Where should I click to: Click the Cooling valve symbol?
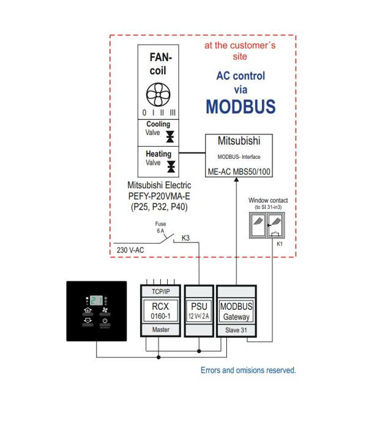click(x=170, y=136)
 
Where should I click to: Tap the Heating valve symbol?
click(x=171, y=166)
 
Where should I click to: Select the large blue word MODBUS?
click(x=240, y=107)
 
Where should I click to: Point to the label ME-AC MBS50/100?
click(x=238, y=172)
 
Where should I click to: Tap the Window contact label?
click(x=268, y=200)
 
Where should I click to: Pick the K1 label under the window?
click(x=280, y=244)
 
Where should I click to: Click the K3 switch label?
click(x=185, y=238)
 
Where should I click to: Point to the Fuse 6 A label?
click(x=160, y=227)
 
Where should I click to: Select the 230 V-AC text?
click(x=130, y=250)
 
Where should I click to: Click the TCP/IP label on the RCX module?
click(x=160, y=291)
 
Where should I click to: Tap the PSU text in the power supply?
click(x=199, y=305)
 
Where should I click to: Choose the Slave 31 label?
click(x=236, y=329)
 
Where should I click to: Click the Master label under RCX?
click(x=160, y=329)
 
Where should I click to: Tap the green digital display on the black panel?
click(x=97, y=300)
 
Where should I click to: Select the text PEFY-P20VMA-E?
click(x=158, y=196)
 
